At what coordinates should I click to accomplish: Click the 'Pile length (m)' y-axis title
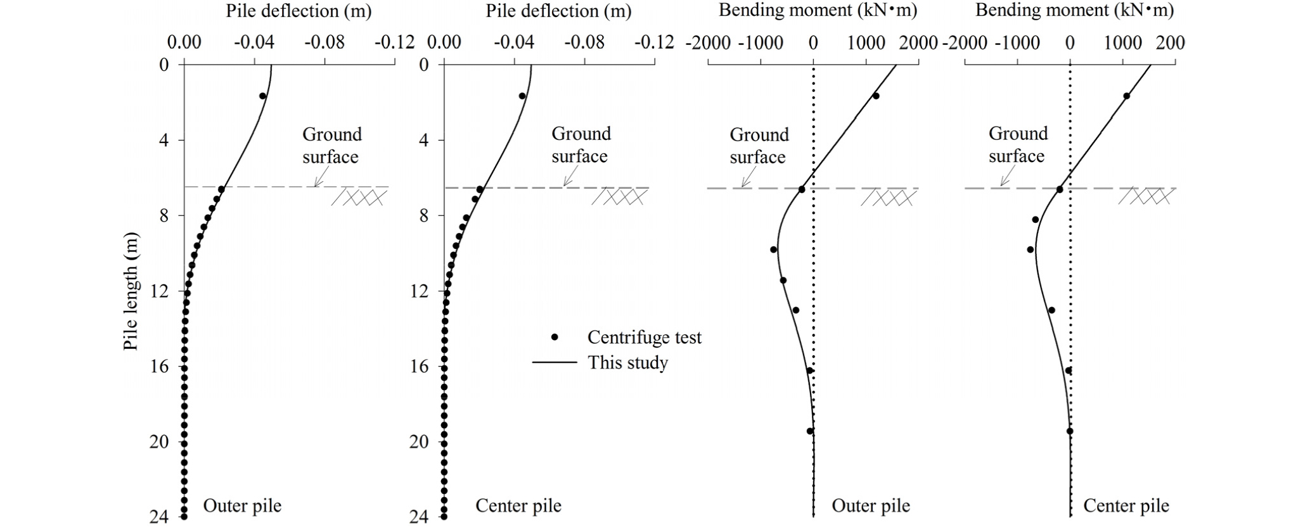[x=131, y=291]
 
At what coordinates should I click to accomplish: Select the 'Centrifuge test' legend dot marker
[x=555, y=338]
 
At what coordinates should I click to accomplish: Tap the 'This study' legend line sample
[x=555, y=363]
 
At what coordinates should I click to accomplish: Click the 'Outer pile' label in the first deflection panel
[x=242, y=506]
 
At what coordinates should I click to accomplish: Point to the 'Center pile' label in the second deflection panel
[x=518, y=506]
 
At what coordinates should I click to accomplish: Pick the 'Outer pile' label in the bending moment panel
[x=871, y=506]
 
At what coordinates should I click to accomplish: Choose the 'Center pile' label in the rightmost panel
[x=1126, y=506]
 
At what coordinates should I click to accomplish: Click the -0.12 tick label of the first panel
[x=394, y=42]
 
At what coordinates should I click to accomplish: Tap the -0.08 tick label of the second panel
[x=584, y=42]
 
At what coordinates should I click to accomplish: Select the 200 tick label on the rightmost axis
[x=1170, y=42]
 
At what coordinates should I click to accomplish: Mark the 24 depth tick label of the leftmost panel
[x=159, y=517]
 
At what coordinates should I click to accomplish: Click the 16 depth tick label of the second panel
[x=419, y=367]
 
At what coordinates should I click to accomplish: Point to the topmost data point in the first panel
[x=263, y=96]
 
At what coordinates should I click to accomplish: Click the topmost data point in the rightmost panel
[x=1126, y=96]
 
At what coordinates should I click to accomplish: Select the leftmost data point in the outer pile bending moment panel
[x=773, y=249]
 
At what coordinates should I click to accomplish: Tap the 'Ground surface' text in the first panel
[x=331, y=146]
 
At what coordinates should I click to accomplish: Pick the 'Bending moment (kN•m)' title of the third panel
[x=818, y=10]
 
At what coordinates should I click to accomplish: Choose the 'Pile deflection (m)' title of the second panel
[x=558, y=11]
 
